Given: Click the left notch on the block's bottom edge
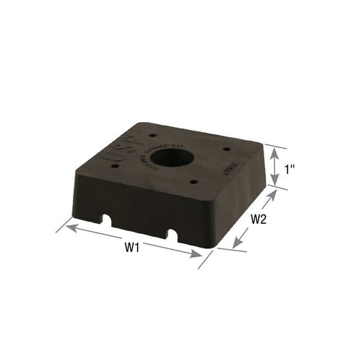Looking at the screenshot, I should (x=108, y=219).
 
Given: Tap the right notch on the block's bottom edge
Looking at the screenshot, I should (x=174, y=235).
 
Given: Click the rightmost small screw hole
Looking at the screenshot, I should (x=226, y=149).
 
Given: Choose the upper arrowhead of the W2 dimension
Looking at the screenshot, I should (x=274, y=190).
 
